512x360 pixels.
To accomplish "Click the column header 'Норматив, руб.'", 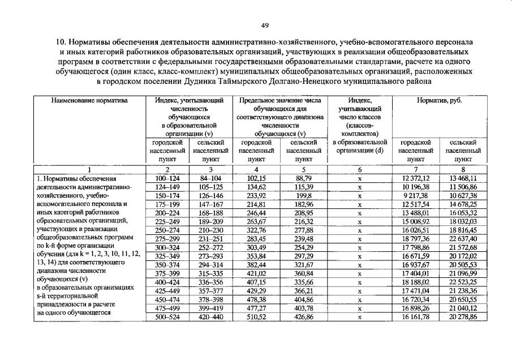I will click(x=439, y=100).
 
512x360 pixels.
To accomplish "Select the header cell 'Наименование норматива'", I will click(x=90, y=100).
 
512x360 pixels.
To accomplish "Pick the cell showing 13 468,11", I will click(x=463, y=179).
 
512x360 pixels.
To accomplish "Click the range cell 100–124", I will click(x=167, y=179).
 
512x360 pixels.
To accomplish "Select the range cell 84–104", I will click(x=210, y=179).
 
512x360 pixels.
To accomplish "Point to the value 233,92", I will click(x=256, y=196).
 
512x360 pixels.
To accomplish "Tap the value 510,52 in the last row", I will click(x=256, y=317).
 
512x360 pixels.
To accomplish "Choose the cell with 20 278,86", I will click(x=463, y=317).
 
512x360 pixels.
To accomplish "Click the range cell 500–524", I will click(x=167, y=317).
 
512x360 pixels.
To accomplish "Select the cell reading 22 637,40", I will click(x=463, y=239).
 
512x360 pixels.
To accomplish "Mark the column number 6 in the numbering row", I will click(x=359, y=170).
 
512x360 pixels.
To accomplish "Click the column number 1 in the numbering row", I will click(x=90, y=170).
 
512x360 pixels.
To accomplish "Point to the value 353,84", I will click(x=256, y=256).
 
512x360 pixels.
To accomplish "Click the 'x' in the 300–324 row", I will click(x=359, y=248).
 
